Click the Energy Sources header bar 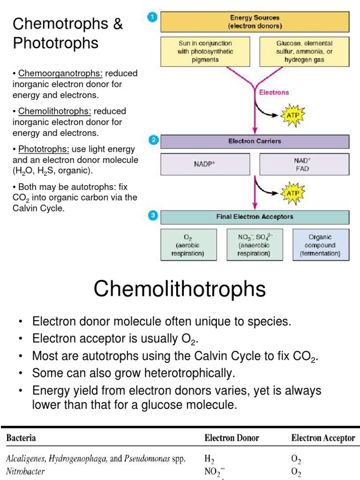(x=255, y=22)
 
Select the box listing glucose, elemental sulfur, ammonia (x=304, y=51)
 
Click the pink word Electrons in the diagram (x=274, y=92)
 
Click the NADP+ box (x=204, y=165)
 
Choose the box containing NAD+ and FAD (x=304, y=165)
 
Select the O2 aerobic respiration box (x=189, y=245)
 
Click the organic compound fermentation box (x=321, y=245)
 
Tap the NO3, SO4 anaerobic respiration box (x=255, y=245)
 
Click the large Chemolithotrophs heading (x=180, y=289)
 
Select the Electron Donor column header (x=232, y=438)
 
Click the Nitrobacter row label (x=25, y=471)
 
